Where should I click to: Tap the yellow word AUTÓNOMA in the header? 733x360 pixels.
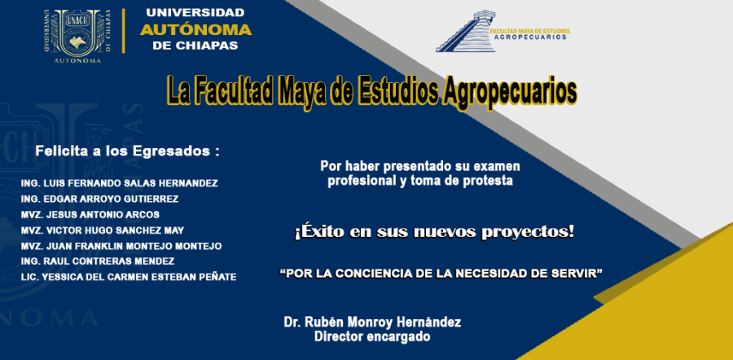pyautogui.click(x=195, y=30)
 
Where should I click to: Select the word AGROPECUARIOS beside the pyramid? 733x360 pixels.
pyautogui.click(x=529, y=37)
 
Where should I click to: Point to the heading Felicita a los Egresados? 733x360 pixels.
pyautogui.click(x=128, y=151)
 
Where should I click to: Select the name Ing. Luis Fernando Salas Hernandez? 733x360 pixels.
pyautogui.click(x=119, y=183)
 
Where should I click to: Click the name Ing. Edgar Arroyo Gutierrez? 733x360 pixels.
pyautogui.click(x=99, y=200)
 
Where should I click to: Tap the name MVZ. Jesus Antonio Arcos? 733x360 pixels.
pyautogui.click(x=90, y=215)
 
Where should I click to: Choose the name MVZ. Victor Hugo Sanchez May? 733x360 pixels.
pyautogui.click(x=103, y=230)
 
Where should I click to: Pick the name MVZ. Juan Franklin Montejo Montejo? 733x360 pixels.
pyautogui.click(x=121, y=246)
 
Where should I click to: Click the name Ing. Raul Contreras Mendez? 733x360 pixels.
pyautogui.click(x=98, y=261)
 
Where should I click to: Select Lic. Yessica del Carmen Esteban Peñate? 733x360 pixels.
pyautogui.click(x=129, y=277)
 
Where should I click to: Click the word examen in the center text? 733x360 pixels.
pyautogui.click(x=497, y=166)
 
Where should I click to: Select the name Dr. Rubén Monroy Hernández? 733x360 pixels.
pyautogui.click(x=372, y=323)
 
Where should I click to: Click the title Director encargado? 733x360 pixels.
pyautogui.click(x=372, y=336)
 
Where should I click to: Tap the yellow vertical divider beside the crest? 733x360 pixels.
pyautogui.click(x=124, y=31)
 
